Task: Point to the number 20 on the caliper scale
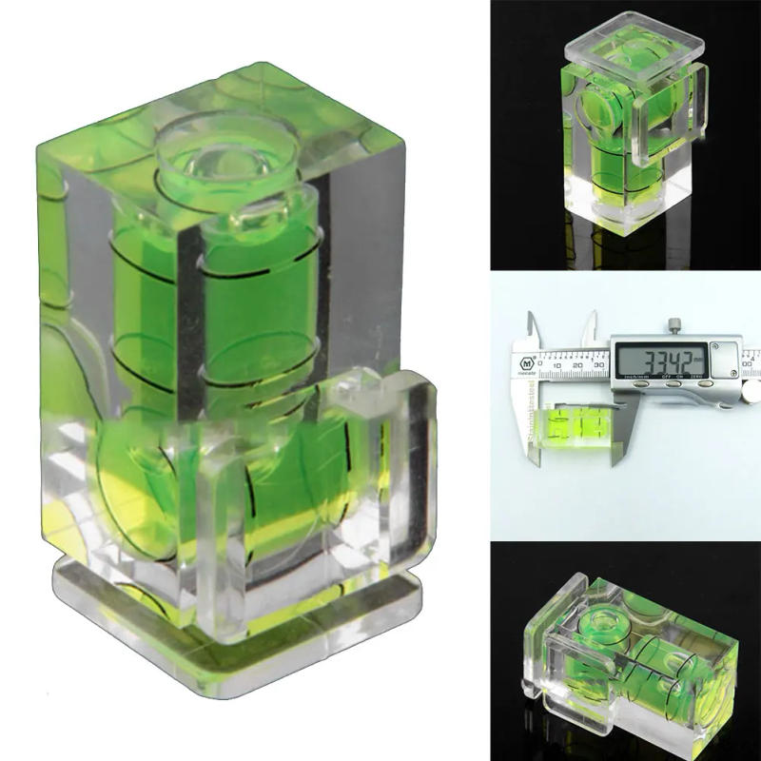click(577, 365)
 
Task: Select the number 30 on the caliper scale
click(599, 365)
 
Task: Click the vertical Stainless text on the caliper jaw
click(531, 419)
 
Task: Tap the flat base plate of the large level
click(238, 609)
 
